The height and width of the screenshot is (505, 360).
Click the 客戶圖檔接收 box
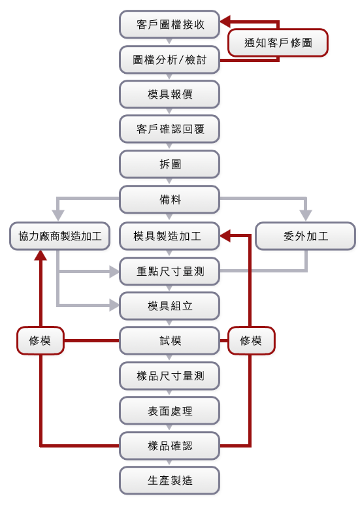point(169,24)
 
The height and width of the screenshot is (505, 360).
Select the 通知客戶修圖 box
point(278,42)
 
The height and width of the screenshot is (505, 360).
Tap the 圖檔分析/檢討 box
point(169,59)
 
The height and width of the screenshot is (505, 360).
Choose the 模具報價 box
point(169,94)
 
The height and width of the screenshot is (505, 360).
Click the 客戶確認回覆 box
point(169,129)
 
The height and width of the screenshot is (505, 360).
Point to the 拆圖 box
point(169,164)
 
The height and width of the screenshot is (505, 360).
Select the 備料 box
point(169,199)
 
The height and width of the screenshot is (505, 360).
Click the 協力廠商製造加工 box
point(59,236)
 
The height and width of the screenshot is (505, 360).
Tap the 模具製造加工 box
point(169,236)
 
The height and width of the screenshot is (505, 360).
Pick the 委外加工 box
point(305,236)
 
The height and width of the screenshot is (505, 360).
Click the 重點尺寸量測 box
point(169,271)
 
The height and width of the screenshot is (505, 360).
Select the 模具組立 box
point(169,306)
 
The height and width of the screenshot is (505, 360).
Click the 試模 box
point(169,341)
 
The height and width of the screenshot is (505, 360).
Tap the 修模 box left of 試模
point(41,341)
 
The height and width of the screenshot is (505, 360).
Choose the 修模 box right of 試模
point(251,341)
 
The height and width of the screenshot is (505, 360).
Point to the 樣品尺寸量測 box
point(169,376)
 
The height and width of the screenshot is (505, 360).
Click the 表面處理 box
point(169,411)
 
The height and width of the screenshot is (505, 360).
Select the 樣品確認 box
point(169,446)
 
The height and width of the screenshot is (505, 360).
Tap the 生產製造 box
point(169,481)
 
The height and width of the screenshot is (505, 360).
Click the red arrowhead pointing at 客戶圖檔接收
point(225,22)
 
